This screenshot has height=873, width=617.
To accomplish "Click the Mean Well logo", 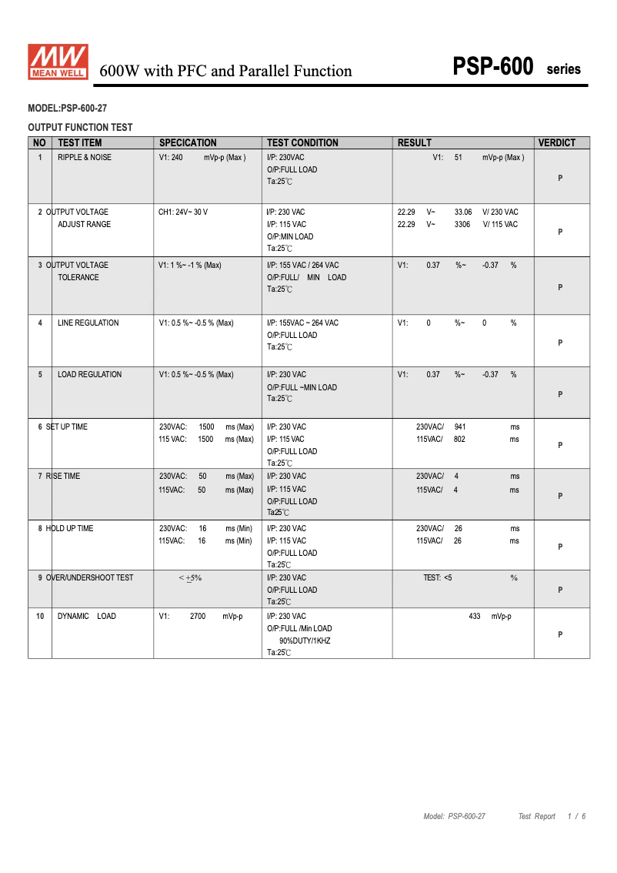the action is click(x=58, y=62).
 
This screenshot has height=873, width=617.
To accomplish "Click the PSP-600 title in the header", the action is click(x=493, y=68).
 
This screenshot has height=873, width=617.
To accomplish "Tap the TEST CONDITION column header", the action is click(x=302, y=142).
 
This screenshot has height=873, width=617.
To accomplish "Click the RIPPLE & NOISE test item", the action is click(x=85, y=157).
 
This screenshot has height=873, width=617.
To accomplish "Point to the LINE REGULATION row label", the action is click(x=88, y=323).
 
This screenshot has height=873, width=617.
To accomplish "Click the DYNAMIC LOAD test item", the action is click(x=87, y=616).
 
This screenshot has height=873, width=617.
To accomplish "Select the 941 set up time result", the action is click(x=460, y=426).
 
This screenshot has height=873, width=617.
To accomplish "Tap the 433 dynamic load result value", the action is click(x=475, y=616).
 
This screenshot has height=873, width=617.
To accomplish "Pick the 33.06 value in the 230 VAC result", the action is click(x=463, y=212).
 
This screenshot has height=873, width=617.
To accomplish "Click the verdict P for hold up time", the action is click(x=560, y=547).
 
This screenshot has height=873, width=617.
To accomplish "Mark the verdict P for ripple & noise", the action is click(x=560, y=178).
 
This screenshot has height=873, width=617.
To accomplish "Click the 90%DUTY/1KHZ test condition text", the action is click(x=305, y=641).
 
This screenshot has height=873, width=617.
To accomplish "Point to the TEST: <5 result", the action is click(x=438, y=577).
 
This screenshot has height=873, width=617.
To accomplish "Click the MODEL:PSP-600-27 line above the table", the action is click(x=67, y=109).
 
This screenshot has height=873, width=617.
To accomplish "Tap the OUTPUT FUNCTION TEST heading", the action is click(x=80, y=127).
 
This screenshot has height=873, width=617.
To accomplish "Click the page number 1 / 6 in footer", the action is click(x=576, y=816).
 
